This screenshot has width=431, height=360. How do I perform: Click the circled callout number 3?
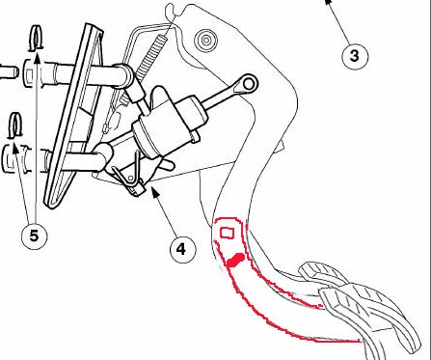(x=354, y=56)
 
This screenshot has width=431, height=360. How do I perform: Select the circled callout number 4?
(x=182, y=249)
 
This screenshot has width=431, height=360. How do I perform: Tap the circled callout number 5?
(x=34, y=236)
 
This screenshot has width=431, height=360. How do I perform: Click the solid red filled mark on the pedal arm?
(x=235, y=260)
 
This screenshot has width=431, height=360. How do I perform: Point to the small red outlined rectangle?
(x=227, y=233)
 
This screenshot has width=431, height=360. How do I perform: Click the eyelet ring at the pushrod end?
(x=248, y=84)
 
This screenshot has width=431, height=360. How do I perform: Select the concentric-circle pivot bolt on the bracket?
(x=205, y=40)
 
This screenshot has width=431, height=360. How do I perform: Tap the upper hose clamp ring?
(x=36, y=38)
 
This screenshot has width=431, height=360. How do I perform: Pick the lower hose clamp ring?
(x=14, y=125)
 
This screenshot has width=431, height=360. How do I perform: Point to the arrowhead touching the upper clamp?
(x=37, y=59)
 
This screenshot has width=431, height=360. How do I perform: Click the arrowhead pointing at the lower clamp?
(x=14, y=149)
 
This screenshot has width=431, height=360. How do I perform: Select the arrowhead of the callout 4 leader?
(x=155, y=192)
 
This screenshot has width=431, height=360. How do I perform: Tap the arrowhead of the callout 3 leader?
(x=328, y=3)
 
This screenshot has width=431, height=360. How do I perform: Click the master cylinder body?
(x=170, y=125)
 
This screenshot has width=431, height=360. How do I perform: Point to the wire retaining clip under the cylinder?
(x=128, y=176)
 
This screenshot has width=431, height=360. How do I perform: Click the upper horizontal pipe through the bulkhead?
(x=79, y=74)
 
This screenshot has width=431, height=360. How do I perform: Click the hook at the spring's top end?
(x=170, y=13)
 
